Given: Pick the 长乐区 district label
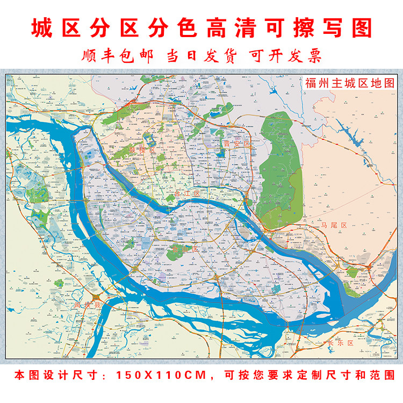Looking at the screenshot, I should pos(340,342).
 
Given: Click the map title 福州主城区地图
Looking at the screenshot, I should pos(349,83).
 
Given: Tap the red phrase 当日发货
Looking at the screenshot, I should pos(201,55).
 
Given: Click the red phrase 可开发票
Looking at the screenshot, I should pos(284,55).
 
